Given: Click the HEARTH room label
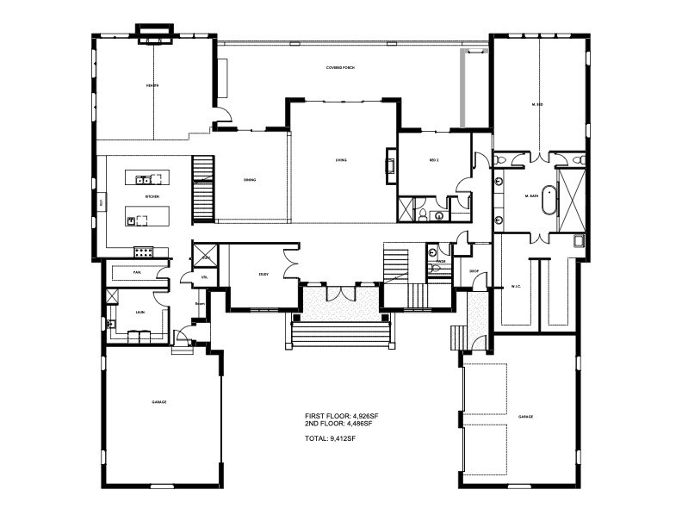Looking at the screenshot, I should tap(152, 86).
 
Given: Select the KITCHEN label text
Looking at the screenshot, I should tap(152, 197).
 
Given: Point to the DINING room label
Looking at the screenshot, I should tap(249, 180).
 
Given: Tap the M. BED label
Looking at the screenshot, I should tap(537, 104).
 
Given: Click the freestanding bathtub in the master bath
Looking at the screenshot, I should tap(548, 198).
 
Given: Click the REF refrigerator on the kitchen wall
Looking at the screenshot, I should tap(102, 202).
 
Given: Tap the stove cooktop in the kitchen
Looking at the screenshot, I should tap(143, 252).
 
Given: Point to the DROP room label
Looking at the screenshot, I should tap(474, 271).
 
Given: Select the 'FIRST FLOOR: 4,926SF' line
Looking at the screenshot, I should tap(342, 416).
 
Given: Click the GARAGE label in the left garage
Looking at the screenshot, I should tap(158, 402).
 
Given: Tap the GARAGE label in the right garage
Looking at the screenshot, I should tap(525, 417).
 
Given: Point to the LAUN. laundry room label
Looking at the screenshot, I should tap(139, 314).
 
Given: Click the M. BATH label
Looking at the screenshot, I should tap(530, 197).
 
